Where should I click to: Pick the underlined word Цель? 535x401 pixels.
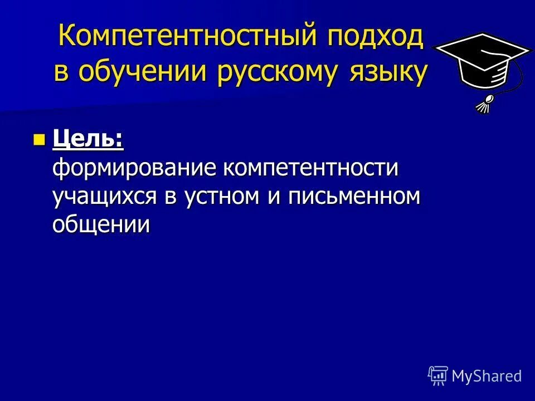click(x=87, y=139)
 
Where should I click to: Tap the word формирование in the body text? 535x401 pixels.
click(x=135, y=168)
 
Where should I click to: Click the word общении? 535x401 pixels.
click(x=101, y=224)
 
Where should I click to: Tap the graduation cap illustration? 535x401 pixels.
click(x=483, y=64)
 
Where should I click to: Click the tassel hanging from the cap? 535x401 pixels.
click(x=484, y=104)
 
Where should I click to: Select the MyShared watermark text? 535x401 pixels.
click(x=487, y=376)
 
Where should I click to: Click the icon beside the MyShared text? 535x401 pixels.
click(x=438, y=376)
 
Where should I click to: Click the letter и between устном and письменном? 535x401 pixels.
click(x=274, y=197)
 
